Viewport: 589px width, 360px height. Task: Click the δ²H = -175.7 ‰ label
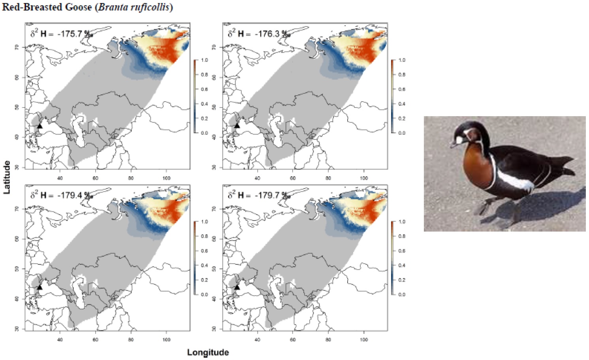click(61, 34)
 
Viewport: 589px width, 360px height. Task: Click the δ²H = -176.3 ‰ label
click(259, 34)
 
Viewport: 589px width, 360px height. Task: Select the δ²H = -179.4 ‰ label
click(61, 195)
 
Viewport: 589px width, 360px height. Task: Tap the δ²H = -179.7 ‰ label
click(259, 195)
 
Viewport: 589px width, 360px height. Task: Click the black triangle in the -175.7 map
click(40, 126)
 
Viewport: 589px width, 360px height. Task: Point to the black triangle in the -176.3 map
click(237, 126)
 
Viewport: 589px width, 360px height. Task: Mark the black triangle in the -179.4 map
click(40, 287)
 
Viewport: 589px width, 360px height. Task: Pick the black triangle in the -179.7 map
click(237, 287)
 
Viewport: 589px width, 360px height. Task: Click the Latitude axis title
click(7, 177)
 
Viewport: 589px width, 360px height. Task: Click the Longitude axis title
click(208, 352)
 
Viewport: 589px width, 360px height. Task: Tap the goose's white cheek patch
click(459, 140)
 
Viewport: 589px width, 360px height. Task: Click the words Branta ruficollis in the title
click(133, 7)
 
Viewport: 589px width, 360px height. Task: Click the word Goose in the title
click(79, 7)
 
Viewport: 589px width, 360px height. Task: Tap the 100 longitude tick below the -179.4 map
click(166, 339)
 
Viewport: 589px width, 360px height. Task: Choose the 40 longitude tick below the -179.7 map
click(257, 339)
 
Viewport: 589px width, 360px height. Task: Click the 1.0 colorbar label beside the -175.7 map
click(204, 60)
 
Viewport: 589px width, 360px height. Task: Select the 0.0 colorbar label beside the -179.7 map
click(401, 294)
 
